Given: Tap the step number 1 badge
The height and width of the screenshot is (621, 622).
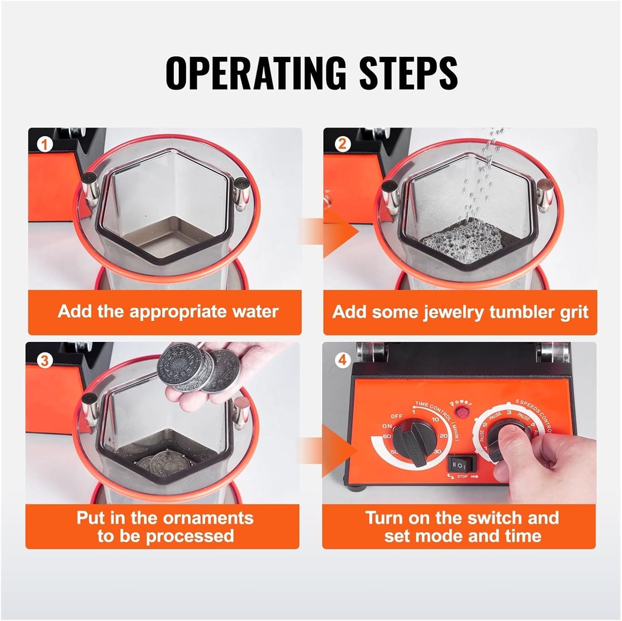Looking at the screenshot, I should point(44,145).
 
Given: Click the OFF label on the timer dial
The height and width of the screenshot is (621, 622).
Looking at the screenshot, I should point(396,416).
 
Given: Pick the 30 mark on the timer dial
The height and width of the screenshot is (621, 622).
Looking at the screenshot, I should point(436,452).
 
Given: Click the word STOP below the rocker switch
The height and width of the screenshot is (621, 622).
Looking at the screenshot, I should point(462,477).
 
